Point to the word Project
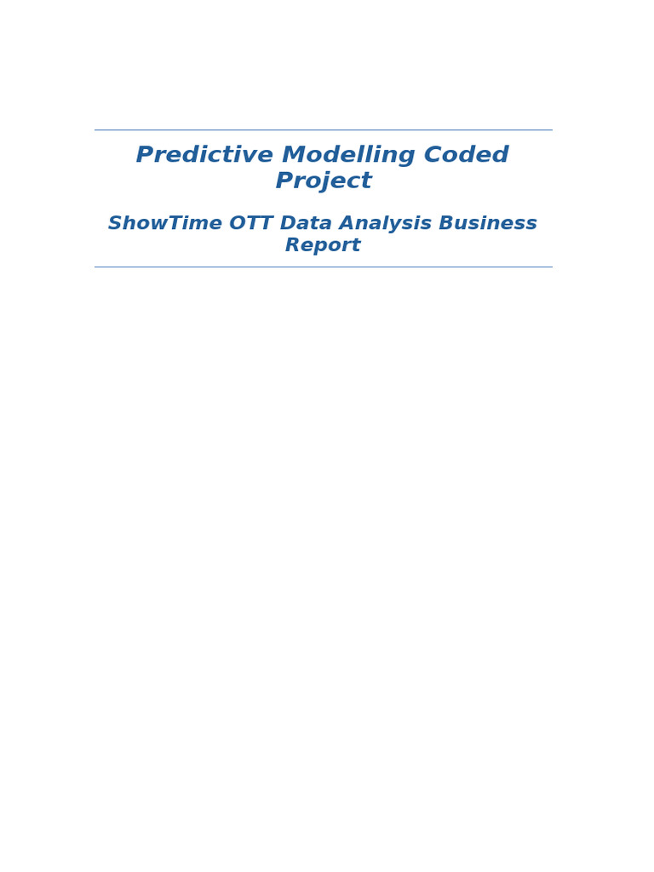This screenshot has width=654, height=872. coord(323,181)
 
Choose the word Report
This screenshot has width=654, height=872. coord(323,246)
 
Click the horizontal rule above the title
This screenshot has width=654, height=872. coord(323,130)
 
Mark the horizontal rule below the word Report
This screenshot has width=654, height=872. coord(323,267)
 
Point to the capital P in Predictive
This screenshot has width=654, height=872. coord(145,156)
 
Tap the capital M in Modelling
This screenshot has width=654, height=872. coord(293,156)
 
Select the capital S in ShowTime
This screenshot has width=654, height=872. coord(114,224)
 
